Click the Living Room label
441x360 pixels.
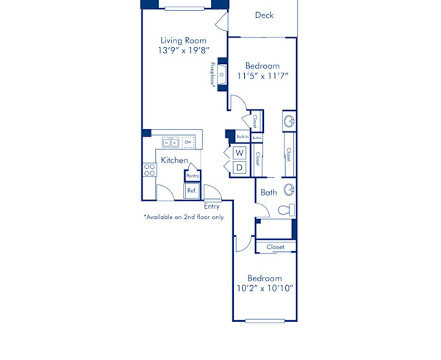pos(183,40)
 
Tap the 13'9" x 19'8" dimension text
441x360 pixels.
pos(183,51)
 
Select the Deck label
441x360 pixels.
pos(264,15)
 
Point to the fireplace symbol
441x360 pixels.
pos(221,75)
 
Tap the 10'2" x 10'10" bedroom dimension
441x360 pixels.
pos(265,289)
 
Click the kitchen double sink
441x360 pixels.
pos(170,143)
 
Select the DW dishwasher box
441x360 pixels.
pos(188,143)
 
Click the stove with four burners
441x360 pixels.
pos(149,170)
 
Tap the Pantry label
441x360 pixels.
pos(193,176)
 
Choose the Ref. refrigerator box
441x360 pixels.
pos(192,190)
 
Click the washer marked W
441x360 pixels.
pos(240,154)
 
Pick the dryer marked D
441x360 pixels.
pos(240,168)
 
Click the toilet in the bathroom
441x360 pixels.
pos(286,210)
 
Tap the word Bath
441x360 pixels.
pos(268,192)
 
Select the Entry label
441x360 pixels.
pos(212,206)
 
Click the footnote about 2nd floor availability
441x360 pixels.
pos(184,217)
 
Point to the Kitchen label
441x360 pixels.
pos(174,160)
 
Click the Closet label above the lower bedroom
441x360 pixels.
pos(276,248)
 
